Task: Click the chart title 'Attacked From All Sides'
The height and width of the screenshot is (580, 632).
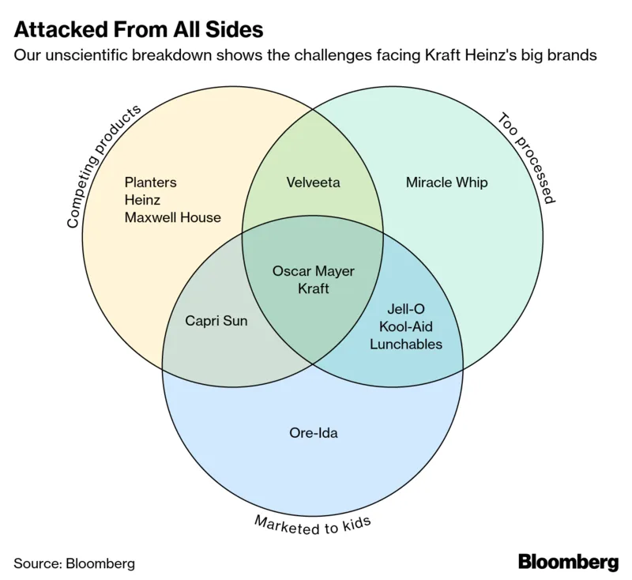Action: (138, 31)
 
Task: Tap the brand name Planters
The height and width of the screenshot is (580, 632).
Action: (150, 183)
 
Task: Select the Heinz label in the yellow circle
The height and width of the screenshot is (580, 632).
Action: (142, 200)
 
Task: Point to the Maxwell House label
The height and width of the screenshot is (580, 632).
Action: (172, 217)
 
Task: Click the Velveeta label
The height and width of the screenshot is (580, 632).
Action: (313, 183)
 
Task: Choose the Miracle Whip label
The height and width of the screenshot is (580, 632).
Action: (446, 183)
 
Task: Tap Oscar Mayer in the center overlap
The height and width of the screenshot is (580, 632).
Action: (313, 272)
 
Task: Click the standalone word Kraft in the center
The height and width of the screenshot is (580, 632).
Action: (313, 289)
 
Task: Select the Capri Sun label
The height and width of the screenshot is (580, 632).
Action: (216, 321)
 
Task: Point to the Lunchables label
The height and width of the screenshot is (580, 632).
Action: (406, 344)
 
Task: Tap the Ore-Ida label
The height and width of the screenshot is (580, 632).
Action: (313, 432)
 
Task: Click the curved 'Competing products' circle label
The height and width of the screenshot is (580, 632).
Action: (102, 167)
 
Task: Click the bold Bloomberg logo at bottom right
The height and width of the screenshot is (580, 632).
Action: (568, 562)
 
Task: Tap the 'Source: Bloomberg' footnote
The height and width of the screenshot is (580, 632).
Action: (74, 563)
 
